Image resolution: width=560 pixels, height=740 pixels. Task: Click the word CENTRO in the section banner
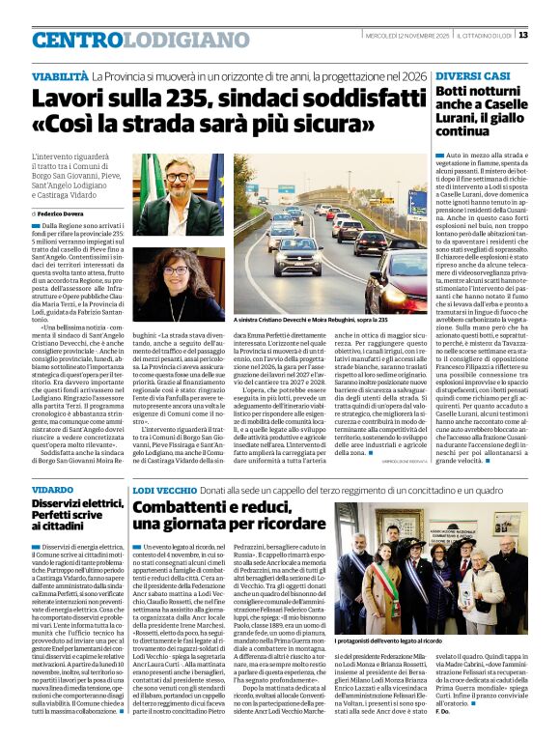[x=77, y=41]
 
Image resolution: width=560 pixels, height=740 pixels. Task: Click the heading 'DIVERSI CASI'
[x=471, y=75]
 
